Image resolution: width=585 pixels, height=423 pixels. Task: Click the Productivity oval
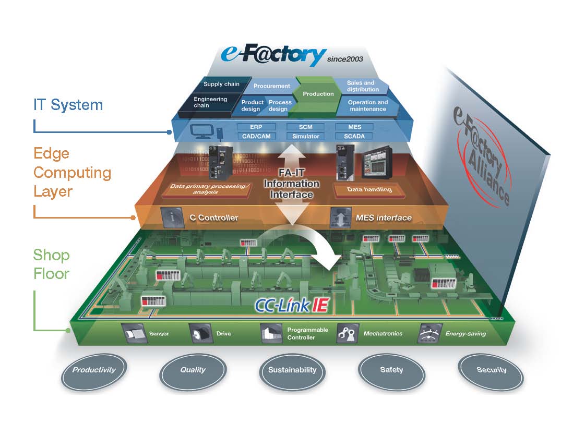pyautogui.click(x=94, y=370)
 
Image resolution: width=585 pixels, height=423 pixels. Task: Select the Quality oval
pyautogui.click(x=193, y=370)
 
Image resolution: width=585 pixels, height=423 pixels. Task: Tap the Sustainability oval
pyautogui.click(x=292, y=370)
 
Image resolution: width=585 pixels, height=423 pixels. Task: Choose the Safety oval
pyautogui.click(x=391, y=370)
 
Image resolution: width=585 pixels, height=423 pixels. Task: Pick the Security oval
pyautogui.click(x=491, y=370)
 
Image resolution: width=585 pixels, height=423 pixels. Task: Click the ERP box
pyautogui.click(x=256, y=127)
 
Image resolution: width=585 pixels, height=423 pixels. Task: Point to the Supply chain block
pyautogui.click(x=221, y=84)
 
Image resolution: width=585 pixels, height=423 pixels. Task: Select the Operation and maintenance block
pyautogui.click(x=367, y=106)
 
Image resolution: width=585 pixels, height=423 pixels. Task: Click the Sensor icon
pyautogui.click(x=134, y=333)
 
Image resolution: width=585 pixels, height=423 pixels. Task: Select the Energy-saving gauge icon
pyautogui.click(x=430, y=333)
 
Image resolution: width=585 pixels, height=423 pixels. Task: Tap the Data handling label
pyautogui.click(x=369, y=189)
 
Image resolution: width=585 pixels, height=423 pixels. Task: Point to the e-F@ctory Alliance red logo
pyautogui.click(x=483, y=156)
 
